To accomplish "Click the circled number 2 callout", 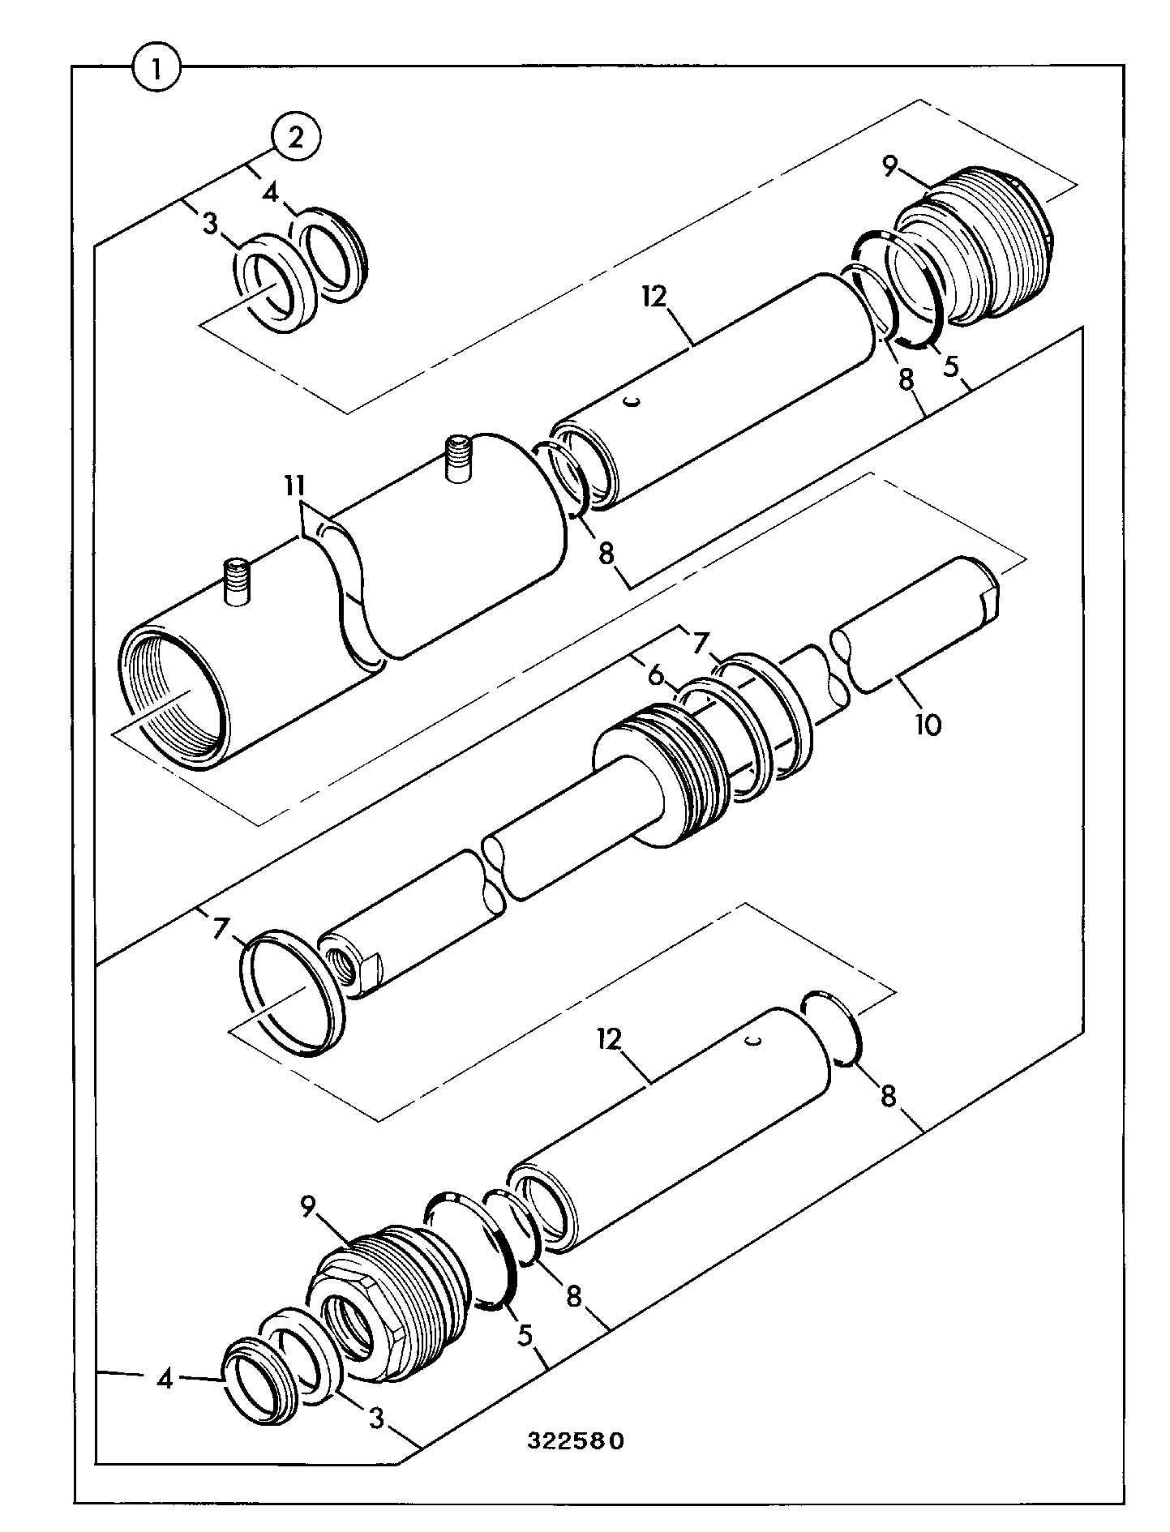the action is click(296, 139).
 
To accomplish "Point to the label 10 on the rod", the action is click(928, 724).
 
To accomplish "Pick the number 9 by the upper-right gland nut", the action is click(890, 168).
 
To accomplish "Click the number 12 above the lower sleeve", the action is click(610, 1040).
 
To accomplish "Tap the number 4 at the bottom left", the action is click(165, 1379).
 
